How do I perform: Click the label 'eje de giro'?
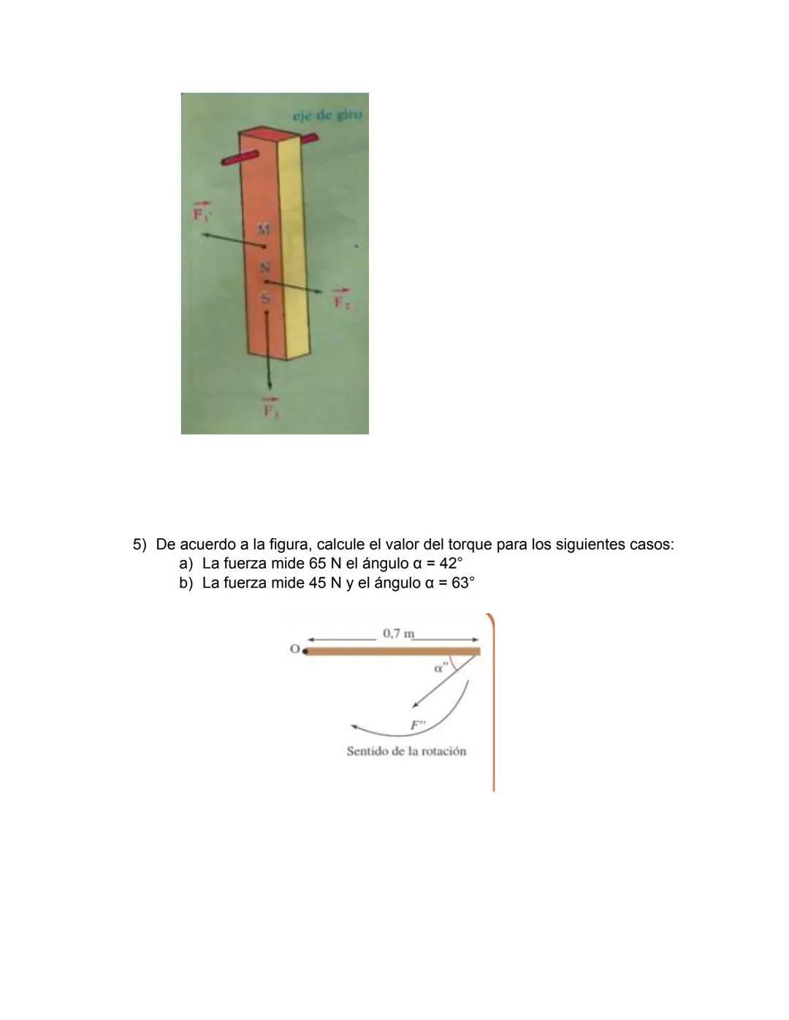tap(328, 115)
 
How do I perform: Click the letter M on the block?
tap(264, 229)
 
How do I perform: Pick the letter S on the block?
tap(267, 298)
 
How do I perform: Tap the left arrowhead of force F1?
tap(207, 234)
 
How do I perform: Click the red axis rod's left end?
tap(227, 163)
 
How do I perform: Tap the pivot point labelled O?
tap(305, 650)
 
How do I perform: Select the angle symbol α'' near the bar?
tap(440, 667)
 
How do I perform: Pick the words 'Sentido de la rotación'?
tap(406, 751)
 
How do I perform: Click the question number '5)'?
tap(140, 545)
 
